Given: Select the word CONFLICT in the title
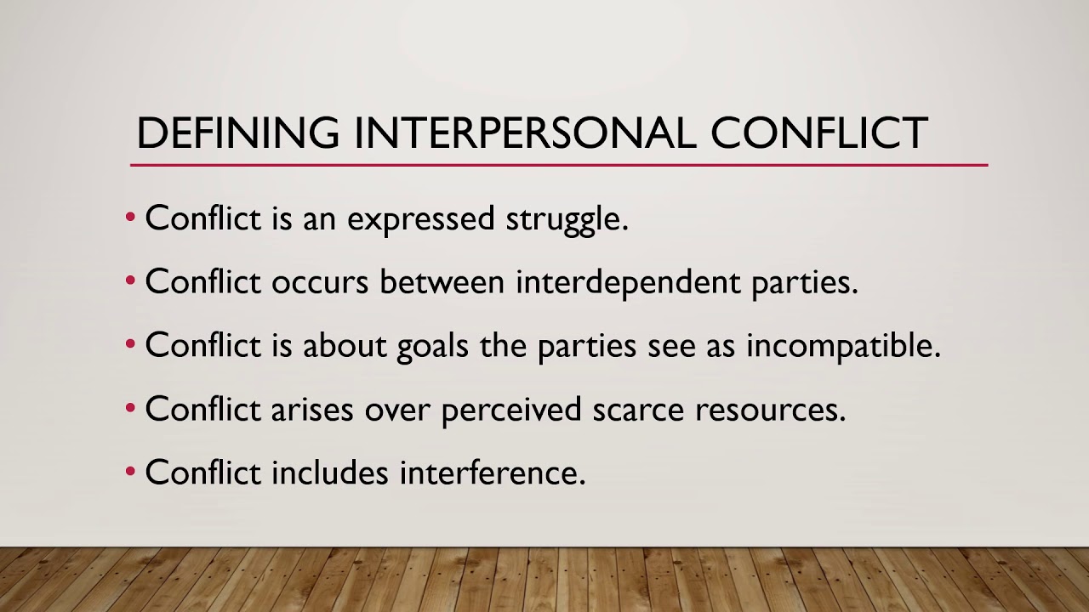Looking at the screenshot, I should pyautogui.click(x=818, y=133).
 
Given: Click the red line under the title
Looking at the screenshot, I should pyautogui.click(x=558, y=165).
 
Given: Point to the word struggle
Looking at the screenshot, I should pyautogui.click(x=567, y=219).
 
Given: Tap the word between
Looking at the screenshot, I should pyautogui.click(x=442, y=282).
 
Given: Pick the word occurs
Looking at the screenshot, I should pyautogui.click(x=320, y=282).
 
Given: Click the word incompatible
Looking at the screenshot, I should pyautogui.click(x=843, y=346).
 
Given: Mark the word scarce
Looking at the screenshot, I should pyautogui.click(x=638, y=410).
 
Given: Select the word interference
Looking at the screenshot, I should pyautogui.click(x=493, y=473).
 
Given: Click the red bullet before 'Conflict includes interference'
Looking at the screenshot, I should pyautogui.click(x=130, y=473).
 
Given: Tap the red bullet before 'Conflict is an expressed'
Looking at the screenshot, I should pyautogui.click(x=130, y=218).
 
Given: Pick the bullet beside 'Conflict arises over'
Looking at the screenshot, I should pyautogui.click(x=130, y=409).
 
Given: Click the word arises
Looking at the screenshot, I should pyautogui.click(x=312, y=410).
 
